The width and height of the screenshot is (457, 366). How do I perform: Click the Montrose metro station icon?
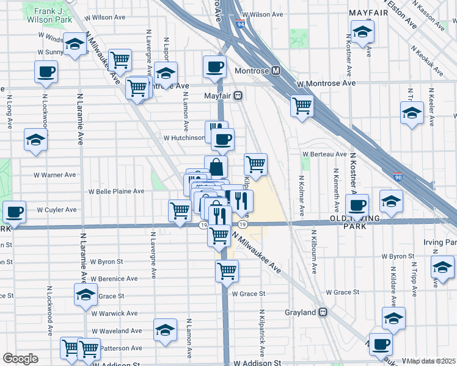[276, 71]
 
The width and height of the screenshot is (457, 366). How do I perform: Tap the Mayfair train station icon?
[238, 95]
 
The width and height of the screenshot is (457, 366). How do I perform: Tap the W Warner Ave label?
[54, 175]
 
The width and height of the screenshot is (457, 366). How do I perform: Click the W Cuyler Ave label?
[57, 210]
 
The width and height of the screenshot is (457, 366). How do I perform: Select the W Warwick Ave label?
[114, 314]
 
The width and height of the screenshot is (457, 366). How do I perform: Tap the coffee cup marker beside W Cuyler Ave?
[14, 212]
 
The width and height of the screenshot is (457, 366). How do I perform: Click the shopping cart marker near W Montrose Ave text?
[138, 88]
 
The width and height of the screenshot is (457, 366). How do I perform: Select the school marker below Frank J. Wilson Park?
[75, 45]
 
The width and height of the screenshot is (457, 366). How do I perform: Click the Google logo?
[21, 358]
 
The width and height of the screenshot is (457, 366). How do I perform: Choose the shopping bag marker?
[216, 167]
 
